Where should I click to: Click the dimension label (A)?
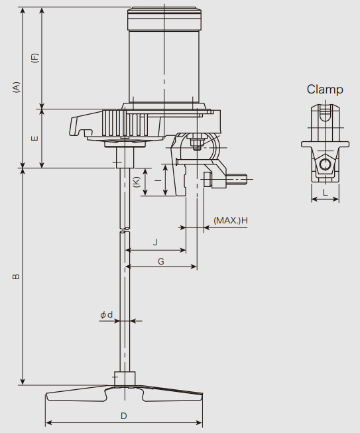click(17, 87)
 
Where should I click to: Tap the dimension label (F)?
click(35, 58)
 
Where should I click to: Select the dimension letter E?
click(35, 138)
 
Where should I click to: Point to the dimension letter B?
click(17, 277)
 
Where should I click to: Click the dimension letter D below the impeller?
click(124, 416)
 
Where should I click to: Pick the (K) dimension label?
click(137, 182)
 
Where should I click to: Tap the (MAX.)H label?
click(231, 221)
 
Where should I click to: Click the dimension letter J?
click(155, 242)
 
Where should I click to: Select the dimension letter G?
click(161, 261)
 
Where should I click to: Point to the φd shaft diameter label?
click(107, 314)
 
